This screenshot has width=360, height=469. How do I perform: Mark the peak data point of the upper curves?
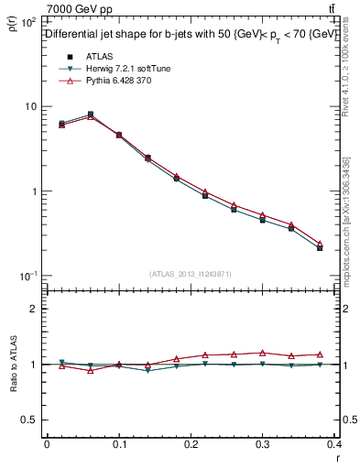click(90, 115)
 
